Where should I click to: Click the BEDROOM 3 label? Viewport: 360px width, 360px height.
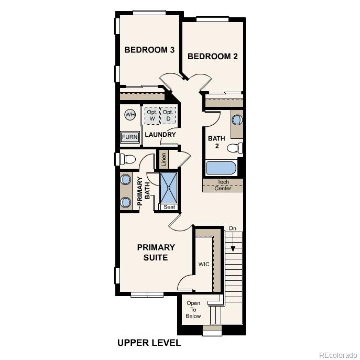(x=149, y=50)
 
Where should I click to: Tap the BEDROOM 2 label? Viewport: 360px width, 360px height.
(x=212, y=57)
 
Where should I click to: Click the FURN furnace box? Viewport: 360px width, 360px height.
(x=130, y=137)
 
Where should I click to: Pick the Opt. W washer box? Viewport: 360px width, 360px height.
(x=152, y=115)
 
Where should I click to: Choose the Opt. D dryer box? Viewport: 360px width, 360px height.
(x=168, y=115)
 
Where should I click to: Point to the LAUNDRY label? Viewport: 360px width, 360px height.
(x=160, y=135)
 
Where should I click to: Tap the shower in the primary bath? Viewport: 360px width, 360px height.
(x=169, y=187)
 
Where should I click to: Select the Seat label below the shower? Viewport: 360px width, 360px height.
(x=169, y=207)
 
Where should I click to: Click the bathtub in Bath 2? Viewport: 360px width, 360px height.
(x=221, y=168)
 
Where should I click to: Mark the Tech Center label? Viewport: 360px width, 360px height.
(x=223, y=185)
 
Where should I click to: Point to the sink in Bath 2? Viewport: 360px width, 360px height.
(x=237, y=119)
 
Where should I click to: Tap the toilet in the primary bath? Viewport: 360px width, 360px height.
(x=126, y=158)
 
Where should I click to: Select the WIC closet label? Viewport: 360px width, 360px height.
(x=203, y=264)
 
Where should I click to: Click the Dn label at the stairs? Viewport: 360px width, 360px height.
(x=233, y=228)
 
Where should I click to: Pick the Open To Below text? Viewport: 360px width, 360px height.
(x=193, y=310)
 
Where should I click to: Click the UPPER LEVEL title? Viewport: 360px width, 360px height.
(x=149, y=343)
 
